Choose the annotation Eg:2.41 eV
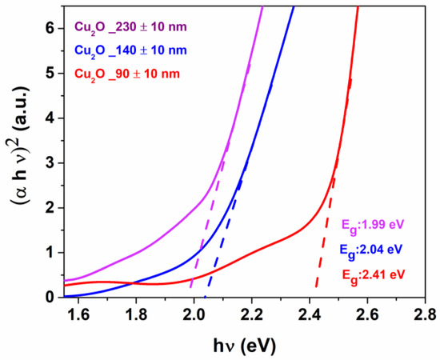tap(388, 278)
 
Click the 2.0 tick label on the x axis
tap(194, 314)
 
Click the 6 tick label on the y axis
tap(49, 28)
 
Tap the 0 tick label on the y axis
tap(49, 297)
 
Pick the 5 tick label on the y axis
tap(49, 73)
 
